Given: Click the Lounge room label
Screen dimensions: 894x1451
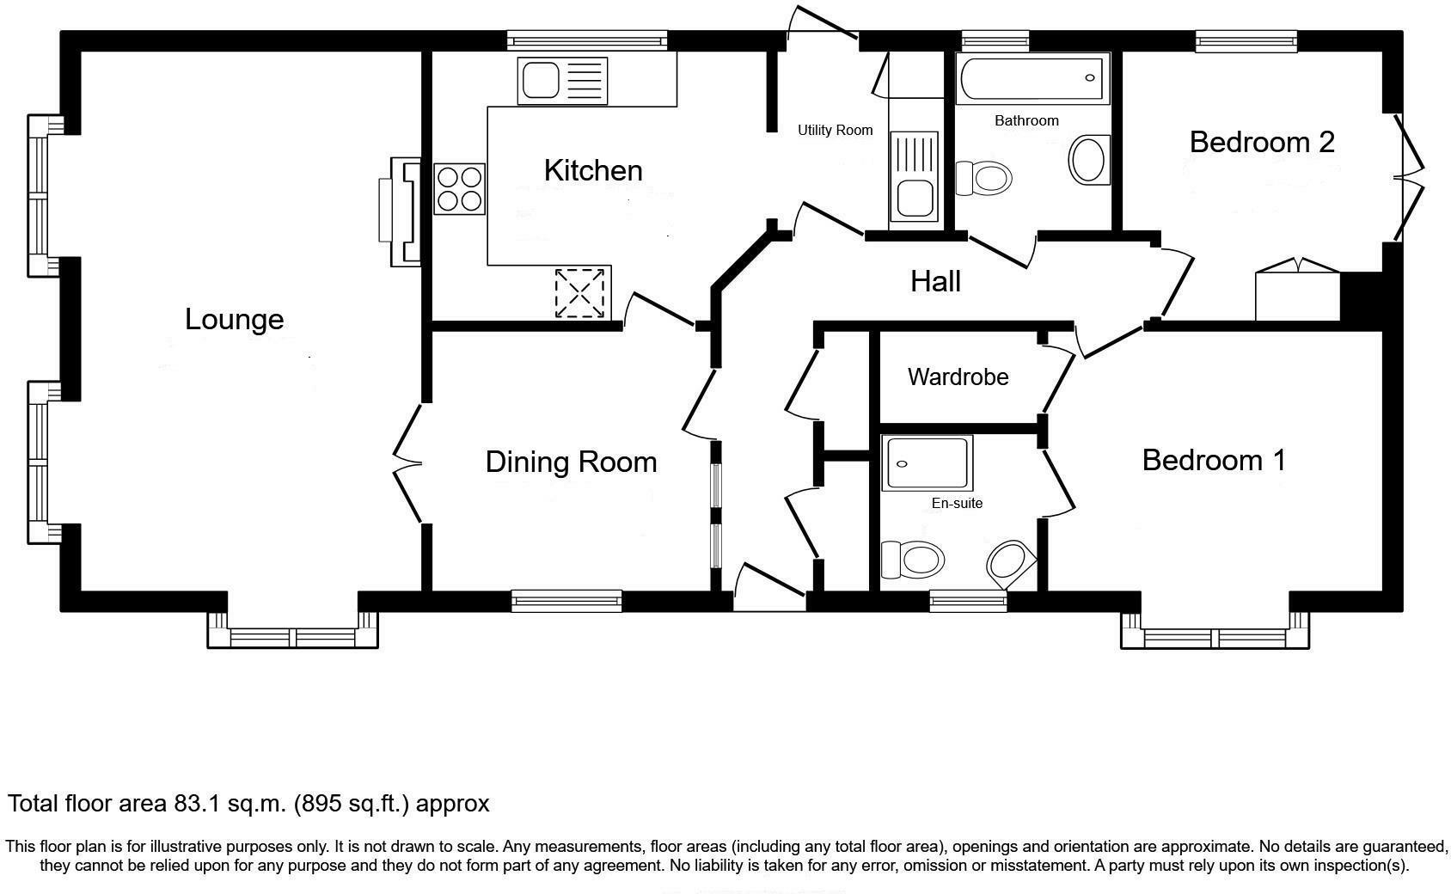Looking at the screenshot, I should click(234, 320).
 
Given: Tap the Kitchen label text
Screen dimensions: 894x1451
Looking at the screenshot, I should click(593, 170).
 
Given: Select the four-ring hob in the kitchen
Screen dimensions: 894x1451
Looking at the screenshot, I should click(459, 189).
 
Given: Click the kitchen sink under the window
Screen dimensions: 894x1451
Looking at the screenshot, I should click(562, 81).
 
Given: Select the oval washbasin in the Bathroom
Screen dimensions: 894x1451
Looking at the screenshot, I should click(1087, 160).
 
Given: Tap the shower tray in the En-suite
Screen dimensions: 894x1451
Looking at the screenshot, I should click(927, 463).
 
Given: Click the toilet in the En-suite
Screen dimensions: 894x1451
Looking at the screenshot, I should click(913, 560).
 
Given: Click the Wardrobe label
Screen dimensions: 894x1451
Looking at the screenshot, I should click(958, 377).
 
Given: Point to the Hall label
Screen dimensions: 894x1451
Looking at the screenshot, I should click(935, 281).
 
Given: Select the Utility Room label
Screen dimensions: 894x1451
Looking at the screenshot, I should click(835, 131).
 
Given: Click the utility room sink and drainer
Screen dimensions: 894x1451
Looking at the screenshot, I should click(914, 176).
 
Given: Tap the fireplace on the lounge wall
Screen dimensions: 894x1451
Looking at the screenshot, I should click(402, 211).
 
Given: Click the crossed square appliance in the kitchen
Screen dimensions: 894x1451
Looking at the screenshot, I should click(580, 292).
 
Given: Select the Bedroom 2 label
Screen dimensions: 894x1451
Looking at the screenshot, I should click(1261, 142).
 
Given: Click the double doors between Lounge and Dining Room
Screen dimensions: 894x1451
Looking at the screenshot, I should click(408, 463).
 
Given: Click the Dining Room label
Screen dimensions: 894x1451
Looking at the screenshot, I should click(571, 462).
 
